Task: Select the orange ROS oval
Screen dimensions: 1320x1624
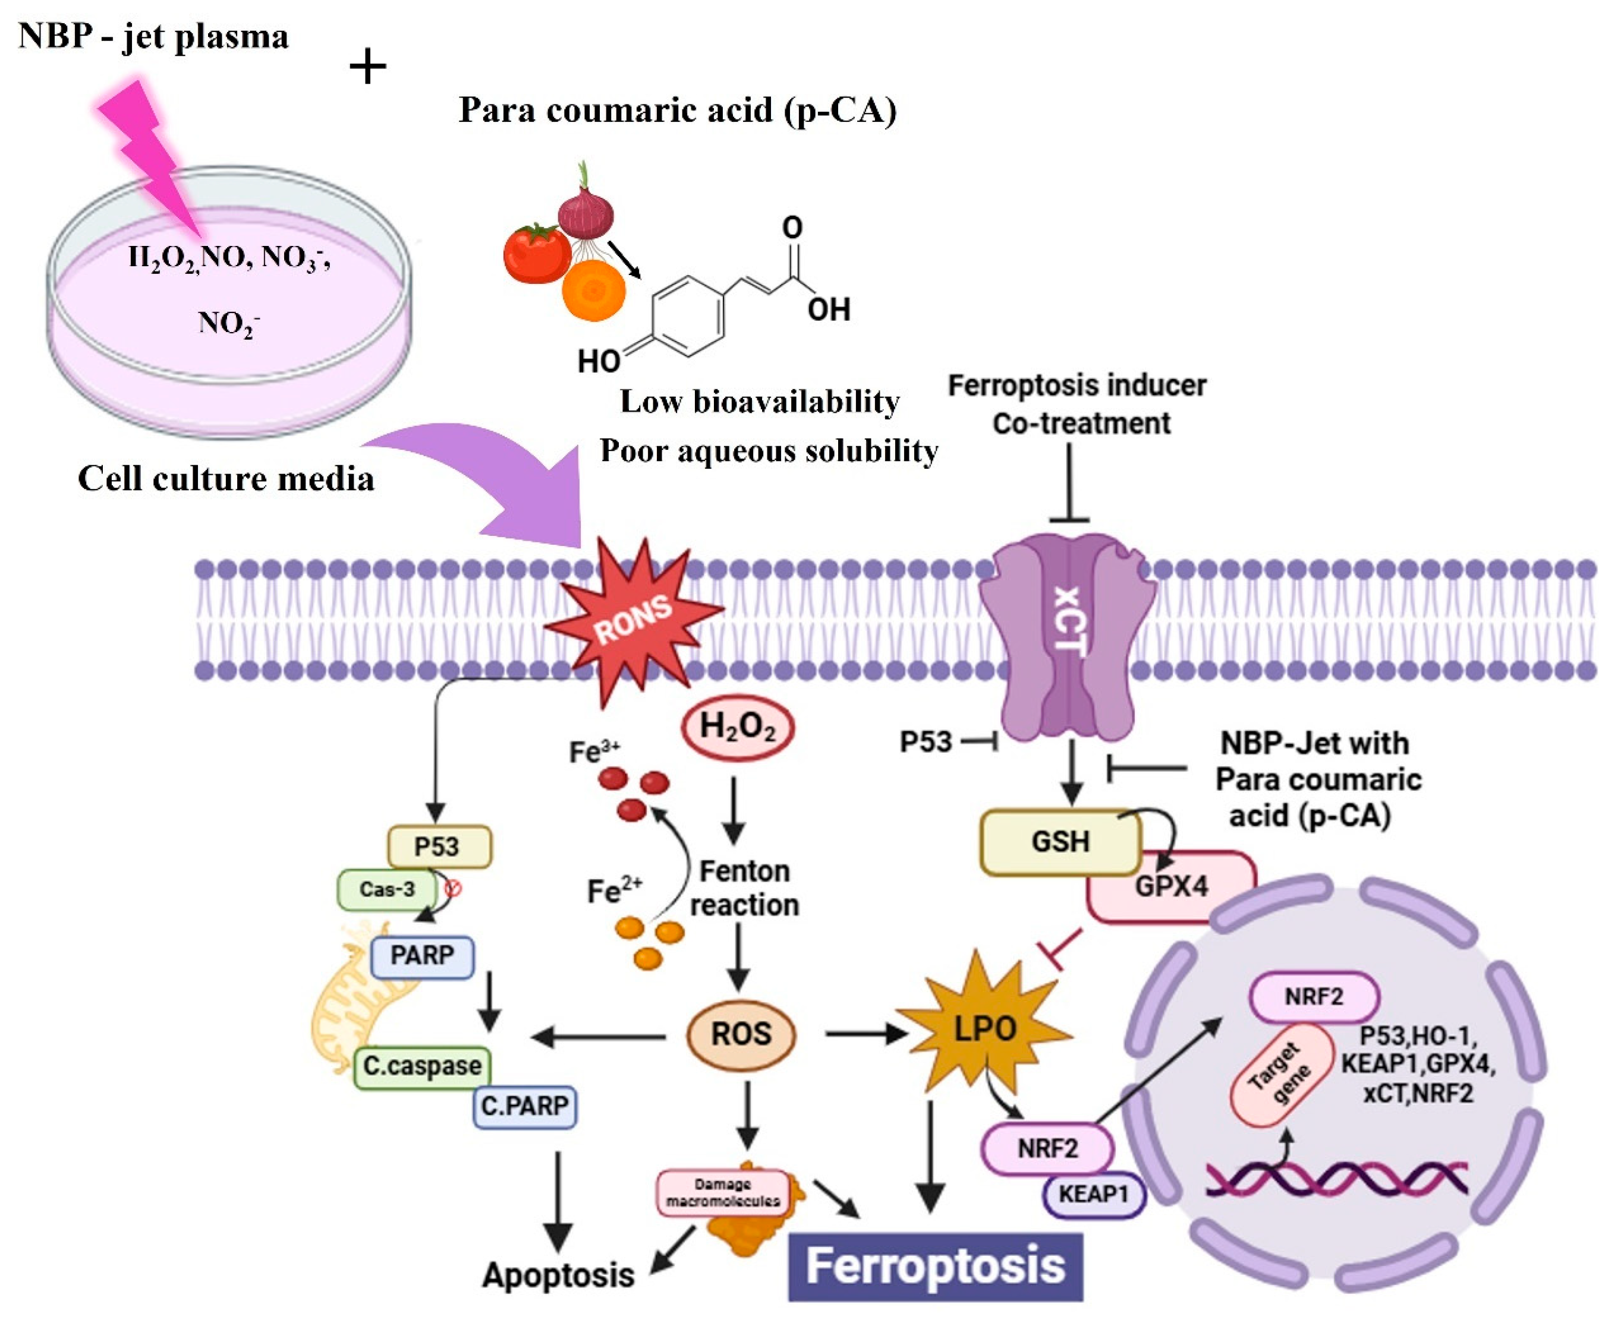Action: tap(741, 1035)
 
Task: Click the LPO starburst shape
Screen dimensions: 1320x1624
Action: tap(984, 1030)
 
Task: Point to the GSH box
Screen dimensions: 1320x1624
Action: tap(1060, 842)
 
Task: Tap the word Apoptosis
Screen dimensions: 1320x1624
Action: tap(558, 1275)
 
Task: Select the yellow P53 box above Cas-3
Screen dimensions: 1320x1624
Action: tap(439, 847)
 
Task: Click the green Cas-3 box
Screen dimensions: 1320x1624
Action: tap(387, 889)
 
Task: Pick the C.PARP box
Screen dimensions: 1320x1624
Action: tap(525, 1106)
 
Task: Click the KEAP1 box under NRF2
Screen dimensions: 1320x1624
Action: tap(1093, 1194)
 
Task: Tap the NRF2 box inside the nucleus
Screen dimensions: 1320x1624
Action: tap(1314, 997)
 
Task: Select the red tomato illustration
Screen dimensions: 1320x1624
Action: tap(536, 253)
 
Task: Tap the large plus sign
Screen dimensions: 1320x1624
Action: tap(367, 67)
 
